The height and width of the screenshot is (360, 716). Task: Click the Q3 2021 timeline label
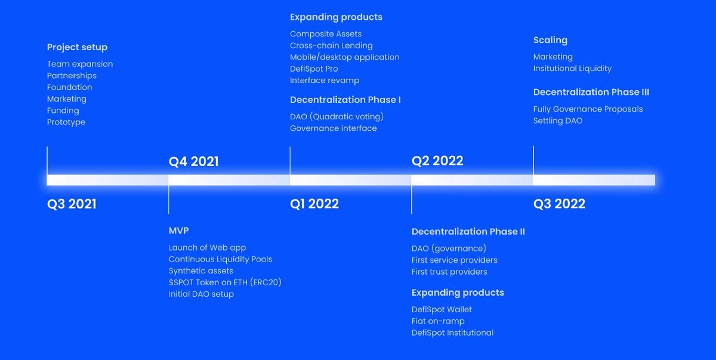coord(72,204)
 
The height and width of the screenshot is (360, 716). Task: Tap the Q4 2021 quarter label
coord(193,161)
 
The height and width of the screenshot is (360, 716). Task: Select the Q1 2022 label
coord(314,204)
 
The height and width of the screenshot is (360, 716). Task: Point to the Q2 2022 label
coord(437,160)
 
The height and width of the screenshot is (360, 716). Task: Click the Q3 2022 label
coord(559,204)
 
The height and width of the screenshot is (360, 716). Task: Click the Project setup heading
coord(77,47)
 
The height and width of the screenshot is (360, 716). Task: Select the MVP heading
coord(178,230)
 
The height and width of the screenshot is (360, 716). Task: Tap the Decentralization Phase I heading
coord(345,100)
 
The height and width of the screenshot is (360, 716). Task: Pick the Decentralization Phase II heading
coord(468,232)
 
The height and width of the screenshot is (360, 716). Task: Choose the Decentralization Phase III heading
coord(591,92)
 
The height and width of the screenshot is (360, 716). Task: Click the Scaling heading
coord(550,40)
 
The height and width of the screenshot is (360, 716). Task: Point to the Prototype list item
coord(66,122)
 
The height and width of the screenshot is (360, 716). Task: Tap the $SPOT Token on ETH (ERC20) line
coord(224,282)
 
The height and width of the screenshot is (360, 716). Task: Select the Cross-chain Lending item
coord(331,45)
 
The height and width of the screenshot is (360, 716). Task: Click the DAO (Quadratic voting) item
coord(337,116)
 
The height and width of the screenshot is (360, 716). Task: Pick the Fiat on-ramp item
coord(437,321)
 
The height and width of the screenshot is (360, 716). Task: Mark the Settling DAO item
coord(557,121)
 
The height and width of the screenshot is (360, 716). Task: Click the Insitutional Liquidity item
coord(572,68)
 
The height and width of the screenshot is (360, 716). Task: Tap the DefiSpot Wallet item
coord(442,309)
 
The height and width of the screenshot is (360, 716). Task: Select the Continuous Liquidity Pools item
coord(220,259)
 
